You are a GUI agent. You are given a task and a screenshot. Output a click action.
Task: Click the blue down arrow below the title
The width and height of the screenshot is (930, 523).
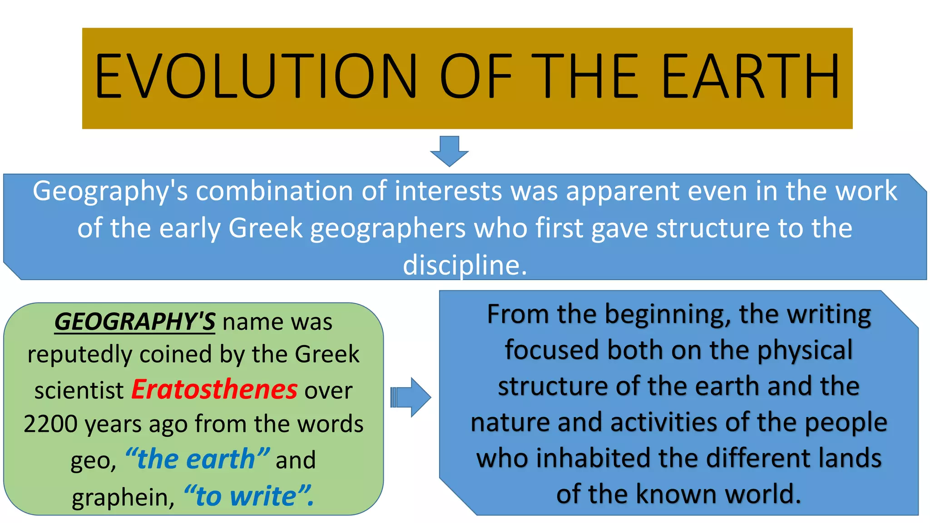pos(449,151)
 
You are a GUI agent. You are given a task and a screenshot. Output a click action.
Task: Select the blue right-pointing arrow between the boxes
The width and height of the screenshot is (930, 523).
pos(411,397)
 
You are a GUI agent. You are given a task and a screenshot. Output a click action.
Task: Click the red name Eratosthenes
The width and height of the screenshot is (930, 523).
pos(214,390)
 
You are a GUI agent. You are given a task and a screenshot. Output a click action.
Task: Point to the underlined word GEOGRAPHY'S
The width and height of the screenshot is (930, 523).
pos(135,322)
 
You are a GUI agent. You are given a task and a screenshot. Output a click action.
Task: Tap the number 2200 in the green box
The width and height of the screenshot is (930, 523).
pos(50,424)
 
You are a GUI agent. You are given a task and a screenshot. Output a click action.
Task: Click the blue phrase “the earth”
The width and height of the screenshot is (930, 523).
pos(198,459)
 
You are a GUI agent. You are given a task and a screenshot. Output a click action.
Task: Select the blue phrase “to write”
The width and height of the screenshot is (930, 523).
pos(249,496)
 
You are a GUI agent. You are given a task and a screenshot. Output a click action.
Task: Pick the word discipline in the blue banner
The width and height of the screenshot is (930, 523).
pos(465,265)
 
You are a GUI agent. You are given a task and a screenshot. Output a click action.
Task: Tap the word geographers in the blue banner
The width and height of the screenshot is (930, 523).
pos(388,228)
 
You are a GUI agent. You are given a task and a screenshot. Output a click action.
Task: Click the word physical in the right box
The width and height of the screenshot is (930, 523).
pos(805,350)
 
